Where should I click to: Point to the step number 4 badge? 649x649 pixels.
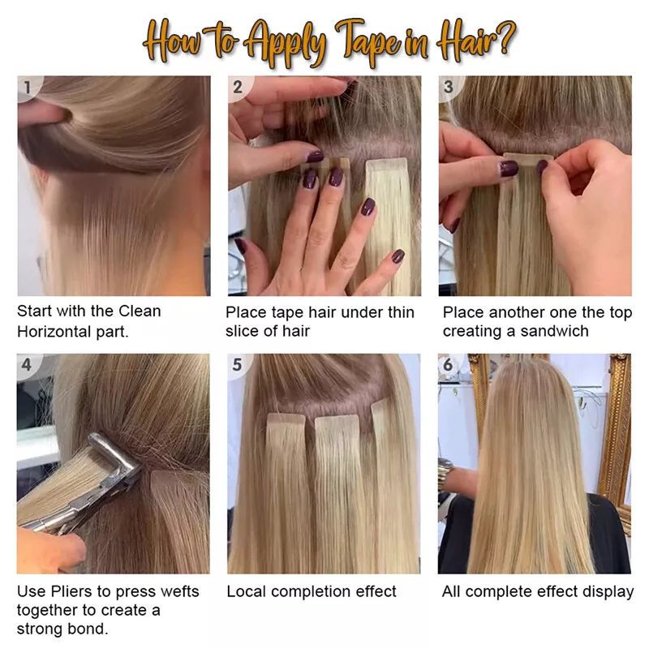tap(28, 365)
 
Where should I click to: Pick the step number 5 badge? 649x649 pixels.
tap(238, 365)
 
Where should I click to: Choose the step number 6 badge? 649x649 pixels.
tap(449, 365)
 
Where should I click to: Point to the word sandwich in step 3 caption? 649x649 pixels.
tap(557, 331)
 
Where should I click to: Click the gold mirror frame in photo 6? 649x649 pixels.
tap(620, 430)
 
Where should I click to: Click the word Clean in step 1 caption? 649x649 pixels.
tap(140, 311)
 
